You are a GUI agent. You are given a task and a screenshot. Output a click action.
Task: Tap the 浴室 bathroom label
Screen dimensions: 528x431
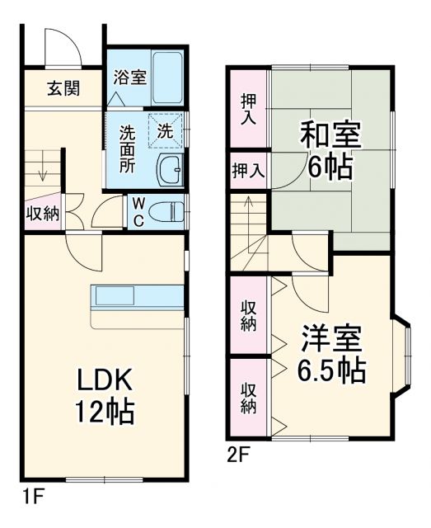click(129, 78)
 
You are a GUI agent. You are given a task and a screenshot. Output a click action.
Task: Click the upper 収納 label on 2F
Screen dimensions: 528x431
click(248, 314)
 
